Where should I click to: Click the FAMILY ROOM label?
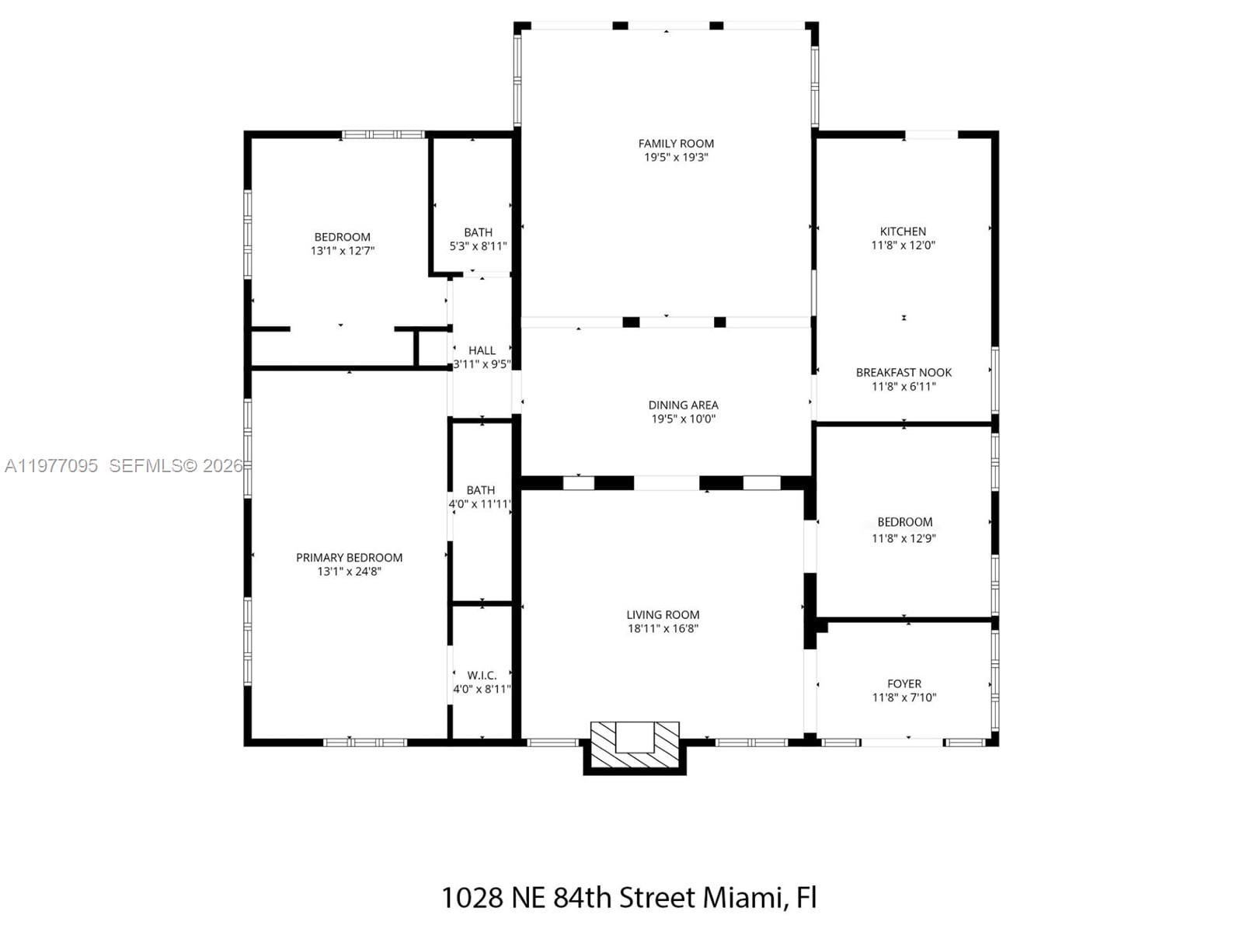click(676, 144)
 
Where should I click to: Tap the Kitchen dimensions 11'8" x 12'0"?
click(903, 245)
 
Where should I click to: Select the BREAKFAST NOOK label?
click(904, 373)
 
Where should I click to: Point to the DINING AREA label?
click(683, 405)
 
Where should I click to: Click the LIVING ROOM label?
click(663, 615)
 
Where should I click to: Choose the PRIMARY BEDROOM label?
click(349, 558)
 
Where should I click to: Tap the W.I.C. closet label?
click(482, 676)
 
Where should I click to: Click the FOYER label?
click(904, 684)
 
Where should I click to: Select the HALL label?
click(482, 351)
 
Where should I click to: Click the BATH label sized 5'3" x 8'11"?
click(478, 233)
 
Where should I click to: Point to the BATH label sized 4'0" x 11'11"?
click(480, 491)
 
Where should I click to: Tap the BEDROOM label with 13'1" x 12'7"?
click(342, 238)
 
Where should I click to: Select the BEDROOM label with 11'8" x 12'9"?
click(904, 523)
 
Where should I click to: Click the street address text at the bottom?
click(628, 898)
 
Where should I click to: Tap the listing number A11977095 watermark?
click(51, 466)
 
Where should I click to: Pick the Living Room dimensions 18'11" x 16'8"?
click(663, 629)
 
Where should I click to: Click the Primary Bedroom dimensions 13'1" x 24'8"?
click(349, 572)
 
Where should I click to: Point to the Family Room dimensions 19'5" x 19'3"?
click(676, 158)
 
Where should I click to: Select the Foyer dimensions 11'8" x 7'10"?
click(904, 698)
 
